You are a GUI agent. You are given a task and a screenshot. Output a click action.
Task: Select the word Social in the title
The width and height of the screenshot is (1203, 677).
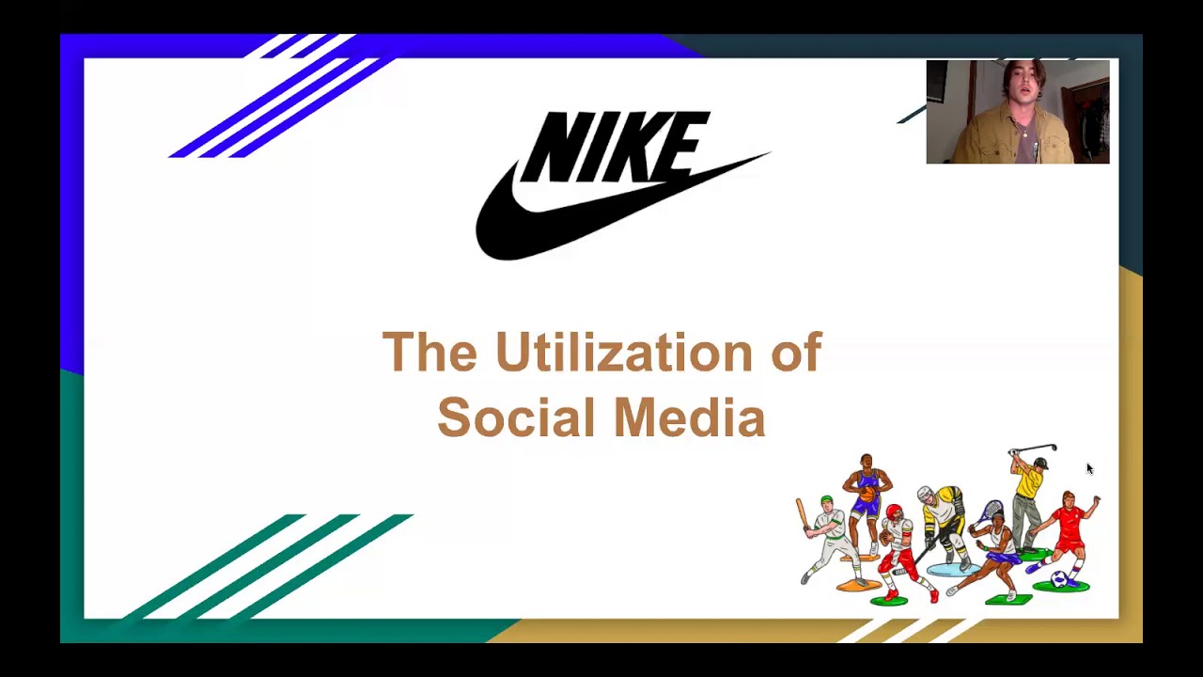pos(515,417)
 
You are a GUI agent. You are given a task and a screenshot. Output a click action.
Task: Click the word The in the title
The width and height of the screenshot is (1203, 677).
pos(430,352)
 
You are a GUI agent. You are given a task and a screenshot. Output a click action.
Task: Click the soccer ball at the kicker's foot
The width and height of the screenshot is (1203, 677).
pos(1060,578)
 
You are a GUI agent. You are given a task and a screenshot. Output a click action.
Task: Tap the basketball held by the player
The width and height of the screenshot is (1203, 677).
pos(867,493)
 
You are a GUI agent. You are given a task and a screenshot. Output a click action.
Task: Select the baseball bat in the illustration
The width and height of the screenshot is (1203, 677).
pos(803,515)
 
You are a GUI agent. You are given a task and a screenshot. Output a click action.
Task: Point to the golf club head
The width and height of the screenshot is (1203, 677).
pos(1053,448)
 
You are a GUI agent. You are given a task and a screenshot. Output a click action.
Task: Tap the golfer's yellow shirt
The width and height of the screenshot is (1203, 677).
pos(1029,485)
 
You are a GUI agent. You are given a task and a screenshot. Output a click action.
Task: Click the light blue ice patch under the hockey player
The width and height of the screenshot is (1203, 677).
pos(949,569)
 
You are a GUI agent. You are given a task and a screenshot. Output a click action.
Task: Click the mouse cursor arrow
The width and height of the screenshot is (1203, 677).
pos(1089,468)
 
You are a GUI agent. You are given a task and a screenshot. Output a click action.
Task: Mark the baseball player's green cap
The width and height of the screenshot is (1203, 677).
pos(826,500)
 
